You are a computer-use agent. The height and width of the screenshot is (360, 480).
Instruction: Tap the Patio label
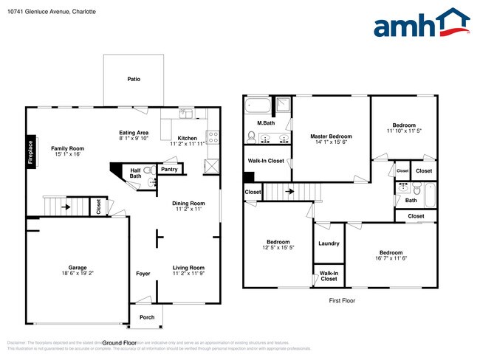pyautogui.click(x=134, y=79)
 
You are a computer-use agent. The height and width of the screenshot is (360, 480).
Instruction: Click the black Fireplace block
pyautogui.click(x=30, y=151)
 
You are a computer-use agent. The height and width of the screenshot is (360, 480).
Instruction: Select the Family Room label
pyautogui.click(x=67, y=148)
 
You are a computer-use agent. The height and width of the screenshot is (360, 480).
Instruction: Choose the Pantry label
pyautogui.click(x=169, y=169)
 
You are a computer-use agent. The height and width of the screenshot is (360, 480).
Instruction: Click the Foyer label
pyautogui.click(x=143, y=274)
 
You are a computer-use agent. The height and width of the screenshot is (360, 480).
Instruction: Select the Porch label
pyautogui.click(x=147, y=318)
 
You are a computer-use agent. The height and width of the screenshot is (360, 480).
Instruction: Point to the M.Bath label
pyautogui.click(x=266, y=122)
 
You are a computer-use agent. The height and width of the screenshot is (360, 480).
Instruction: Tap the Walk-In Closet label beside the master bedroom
pyautogui.click(x=266, y=160)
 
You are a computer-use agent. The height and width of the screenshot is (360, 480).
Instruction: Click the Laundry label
pyautogui.click(x=329, y=243)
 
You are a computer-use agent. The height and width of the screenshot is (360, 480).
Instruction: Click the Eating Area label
pyautogui.click(x=134, y=111)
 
